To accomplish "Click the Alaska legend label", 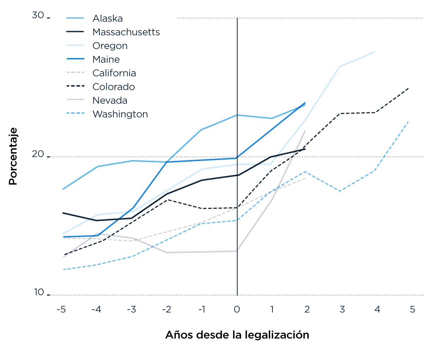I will (107, 18).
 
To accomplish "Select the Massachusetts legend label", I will (126, 32).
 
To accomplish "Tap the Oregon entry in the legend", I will (110, 46).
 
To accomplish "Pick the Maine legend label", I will (106, 59).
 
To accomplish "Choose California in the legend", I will (114, 73).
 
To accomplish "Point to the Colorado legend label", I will (114, 87).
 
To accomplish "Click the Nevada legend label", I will (110, 101).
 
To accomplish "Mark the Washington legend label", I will (120, 114).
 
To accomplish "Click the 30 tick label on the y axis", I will (38, 15).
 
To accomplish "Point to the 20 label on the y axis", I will (38, 154).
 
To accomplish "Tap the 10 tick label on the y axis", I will (38, 292).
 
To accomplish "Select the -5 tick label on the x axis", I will (61, 310).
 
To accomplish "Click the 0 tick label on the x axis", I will (237, 310).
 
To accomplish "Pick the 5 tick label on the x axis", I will (412, 310).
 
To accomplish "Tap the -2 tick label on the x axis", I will (166, 310).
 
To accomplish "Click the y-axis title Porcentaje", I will (13, 156).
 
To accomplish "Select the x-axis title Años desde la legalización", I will (237, 335).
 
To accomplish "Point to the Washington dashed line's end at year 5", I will (408, 121).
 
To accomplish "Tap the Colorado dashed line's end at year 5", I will (408, 88).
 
